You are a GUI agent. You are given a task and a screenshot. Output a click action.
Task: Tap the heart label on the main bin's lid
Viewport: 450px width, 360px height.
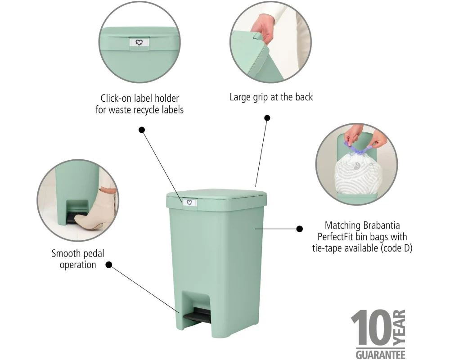click(x=189, y=202)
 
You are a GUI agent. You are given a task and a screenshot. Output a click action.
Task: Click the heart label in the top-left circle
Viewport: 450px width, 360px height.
click(x=139, y=43)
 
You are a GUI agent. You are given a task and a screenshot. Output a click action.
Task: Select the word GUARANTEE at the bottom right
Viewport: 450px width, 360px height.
click(x=381, y=354)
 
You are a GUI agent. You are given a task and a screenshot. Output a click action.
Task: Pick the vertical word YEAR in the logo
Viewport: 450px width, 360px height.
click(x=399, y=327)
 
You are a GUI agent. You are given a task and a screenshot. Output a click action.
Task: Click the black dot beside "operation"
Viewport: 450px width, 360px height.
click(x=109, y=265)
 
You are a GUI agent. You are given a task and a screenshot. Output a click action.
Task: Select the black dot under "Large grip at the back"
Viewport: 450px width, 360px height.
click(x=267, y=118)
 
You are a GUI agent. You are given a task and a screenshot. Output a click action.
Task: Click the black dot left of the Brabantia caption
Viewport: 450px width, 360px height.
click(x=299, y=229)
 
